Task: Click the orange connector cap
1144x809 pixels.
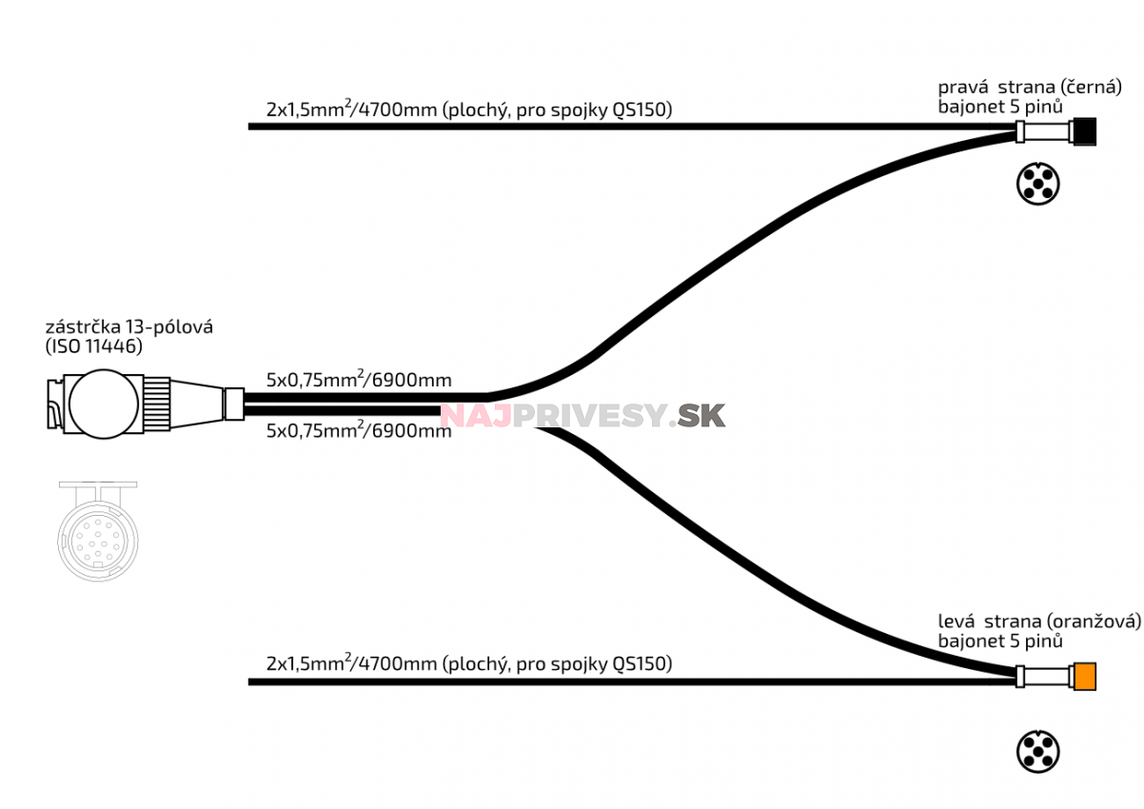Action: [1085, 677]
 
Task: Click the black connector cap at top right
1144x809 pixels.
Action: [1085, 131]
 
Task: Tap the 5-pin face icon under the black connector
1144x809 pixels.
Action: [1037, 184]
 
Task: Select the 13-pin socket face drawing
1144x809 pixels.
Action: [97, 532]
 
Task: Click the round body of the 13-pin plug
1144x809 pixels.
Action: [104, 404]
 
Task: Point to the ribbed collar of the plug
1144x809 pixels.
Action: [156, 404]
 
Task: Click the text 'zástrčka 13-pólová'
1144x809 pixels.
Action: [129, 326]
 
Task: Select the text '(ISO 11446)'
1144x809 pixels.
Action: [94, 346]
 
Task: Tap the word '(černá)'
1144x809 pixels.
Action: [1091, 87]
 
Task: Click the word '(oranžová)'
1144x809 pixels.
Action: [1094, 622]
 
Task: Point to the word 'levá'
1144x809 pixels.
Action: [957, 622]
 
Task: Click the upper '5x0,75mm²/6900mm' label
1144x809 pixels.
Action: [359, 380]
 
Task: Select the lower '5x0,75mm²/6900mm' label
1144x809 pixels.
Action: [359, 430]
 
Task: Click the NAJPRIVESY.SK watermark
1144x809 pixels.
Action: [582, 415]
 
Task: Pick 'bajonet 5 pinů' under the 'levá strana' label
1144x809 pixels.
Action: [1000, 641]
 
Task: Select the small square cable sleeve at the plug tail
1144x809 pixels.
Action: [234, 404]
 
